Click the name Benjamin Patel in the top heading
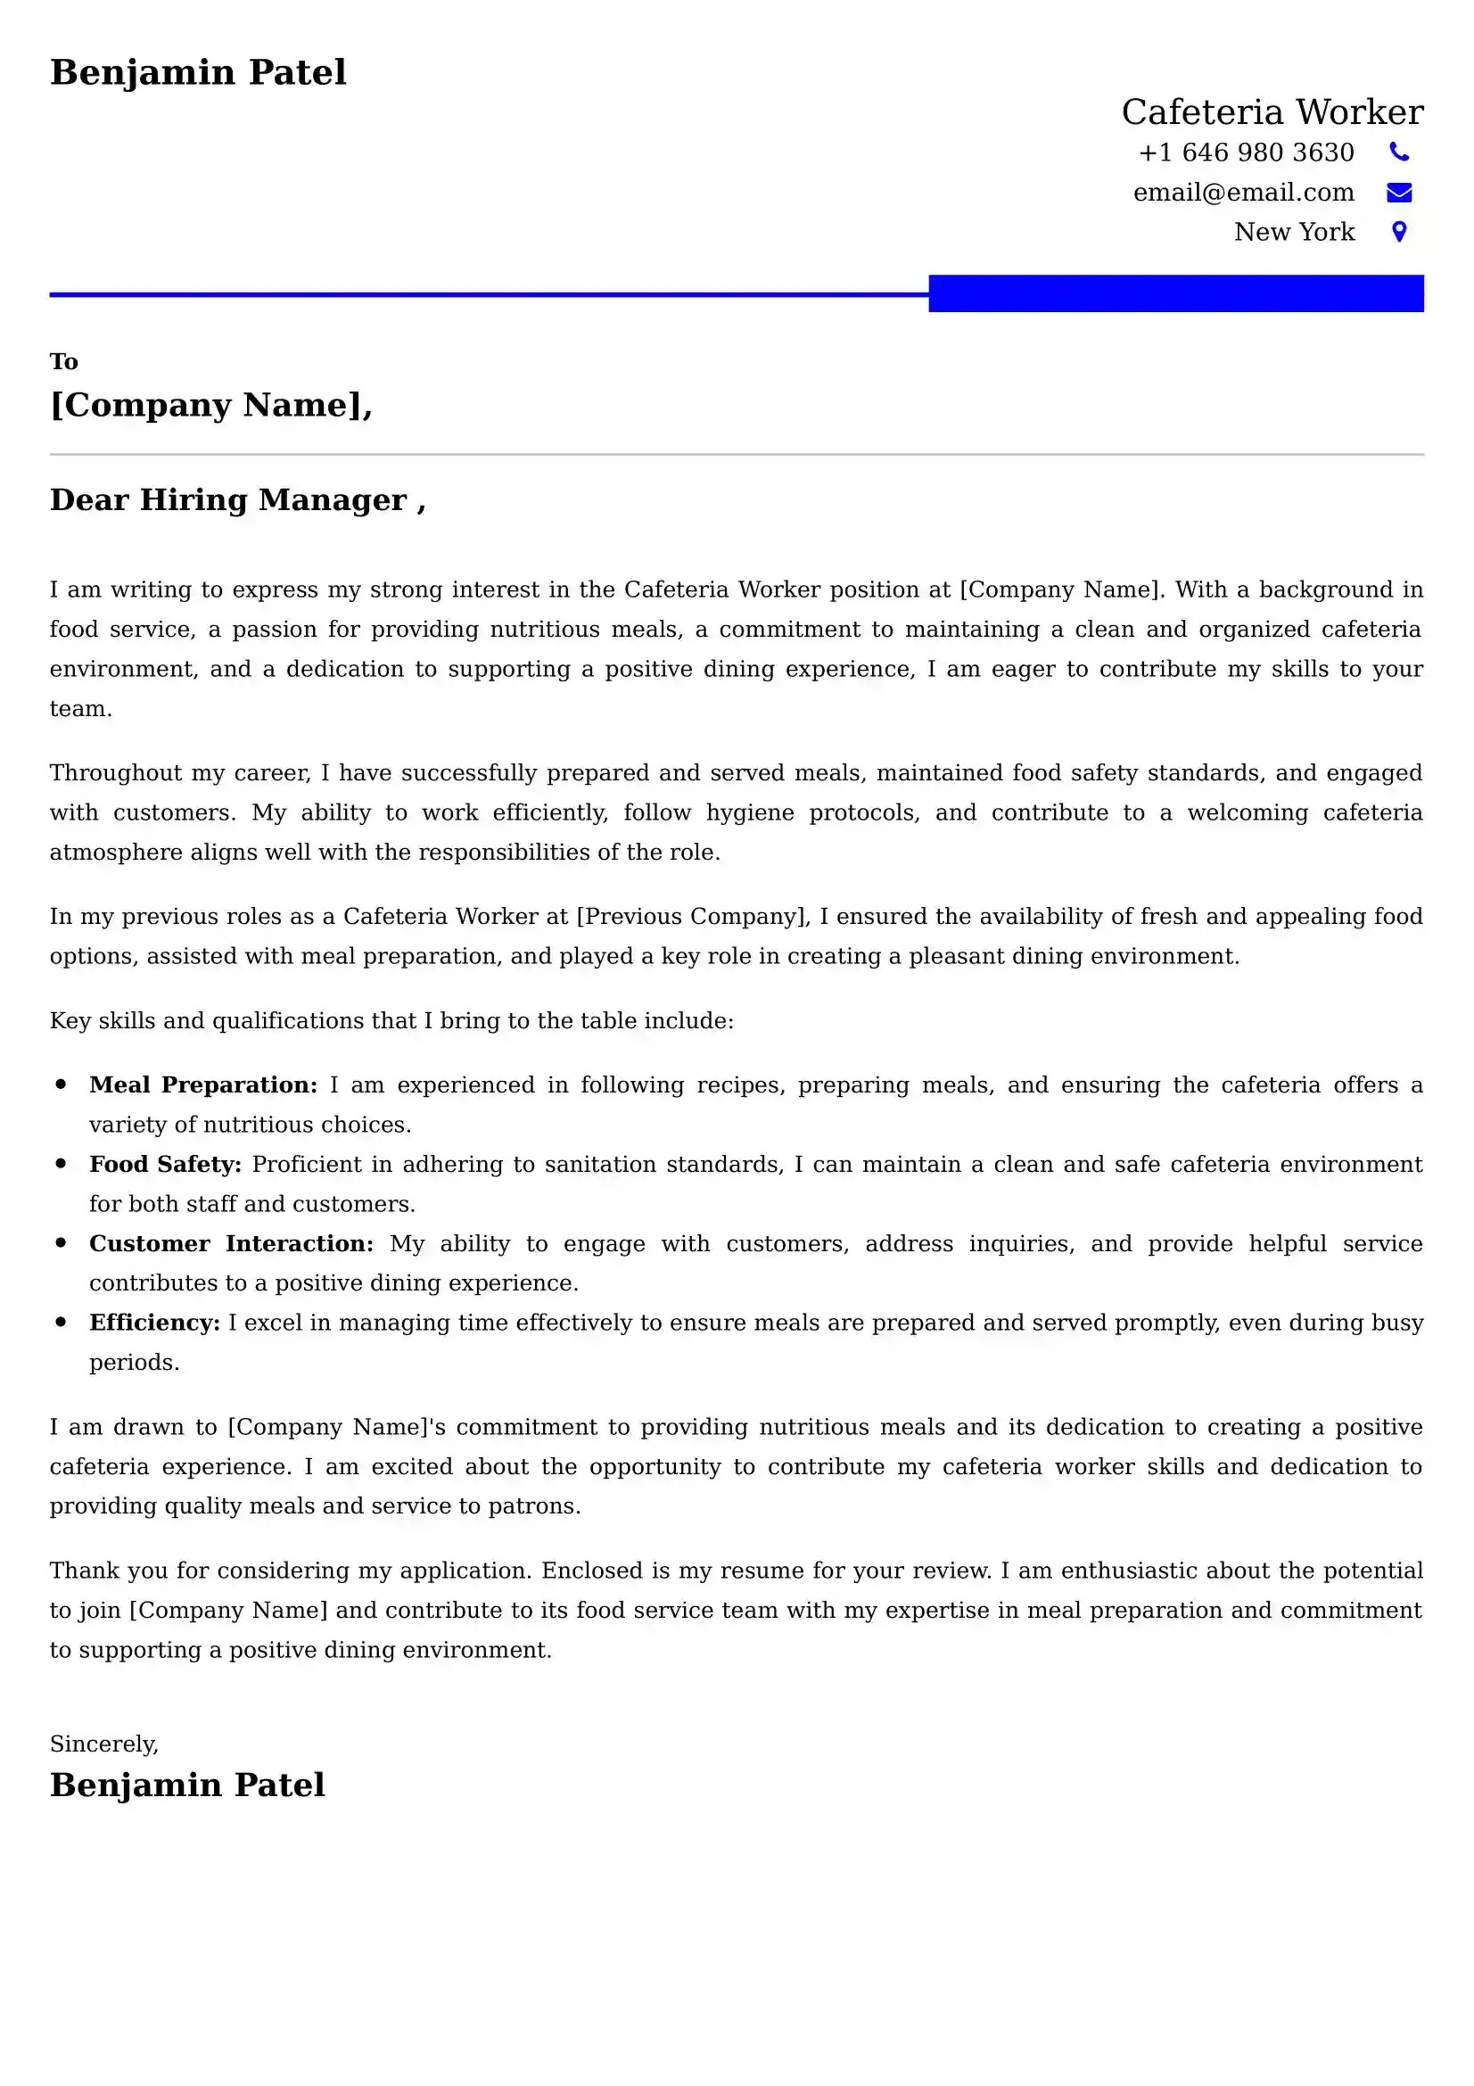(198, 71)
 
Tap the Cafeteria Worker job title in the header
(1272, 111)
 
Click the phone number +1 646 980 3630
(1245, 153)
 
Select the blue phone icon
(1398, 152)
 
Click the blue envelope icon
(1398, 192)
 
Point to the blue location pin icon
(1398, 232)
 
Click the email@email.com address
(1242, 193)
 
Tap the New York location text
(1293, 232)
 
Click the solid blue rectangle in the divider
(1175, 293)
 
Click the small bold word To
(63, 361)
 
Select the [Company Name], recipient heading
(210, 404)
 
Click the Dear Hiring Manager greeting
(237, 499)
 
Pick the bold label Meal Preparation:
(202, 1084)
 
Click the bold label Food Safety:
(165, 1164)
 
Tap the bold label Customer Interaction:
(231, 1243)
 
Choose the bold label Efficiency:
(154, 1322)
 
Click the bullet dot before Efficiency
(61, 1322)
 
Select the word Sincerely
(103, 1744)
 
